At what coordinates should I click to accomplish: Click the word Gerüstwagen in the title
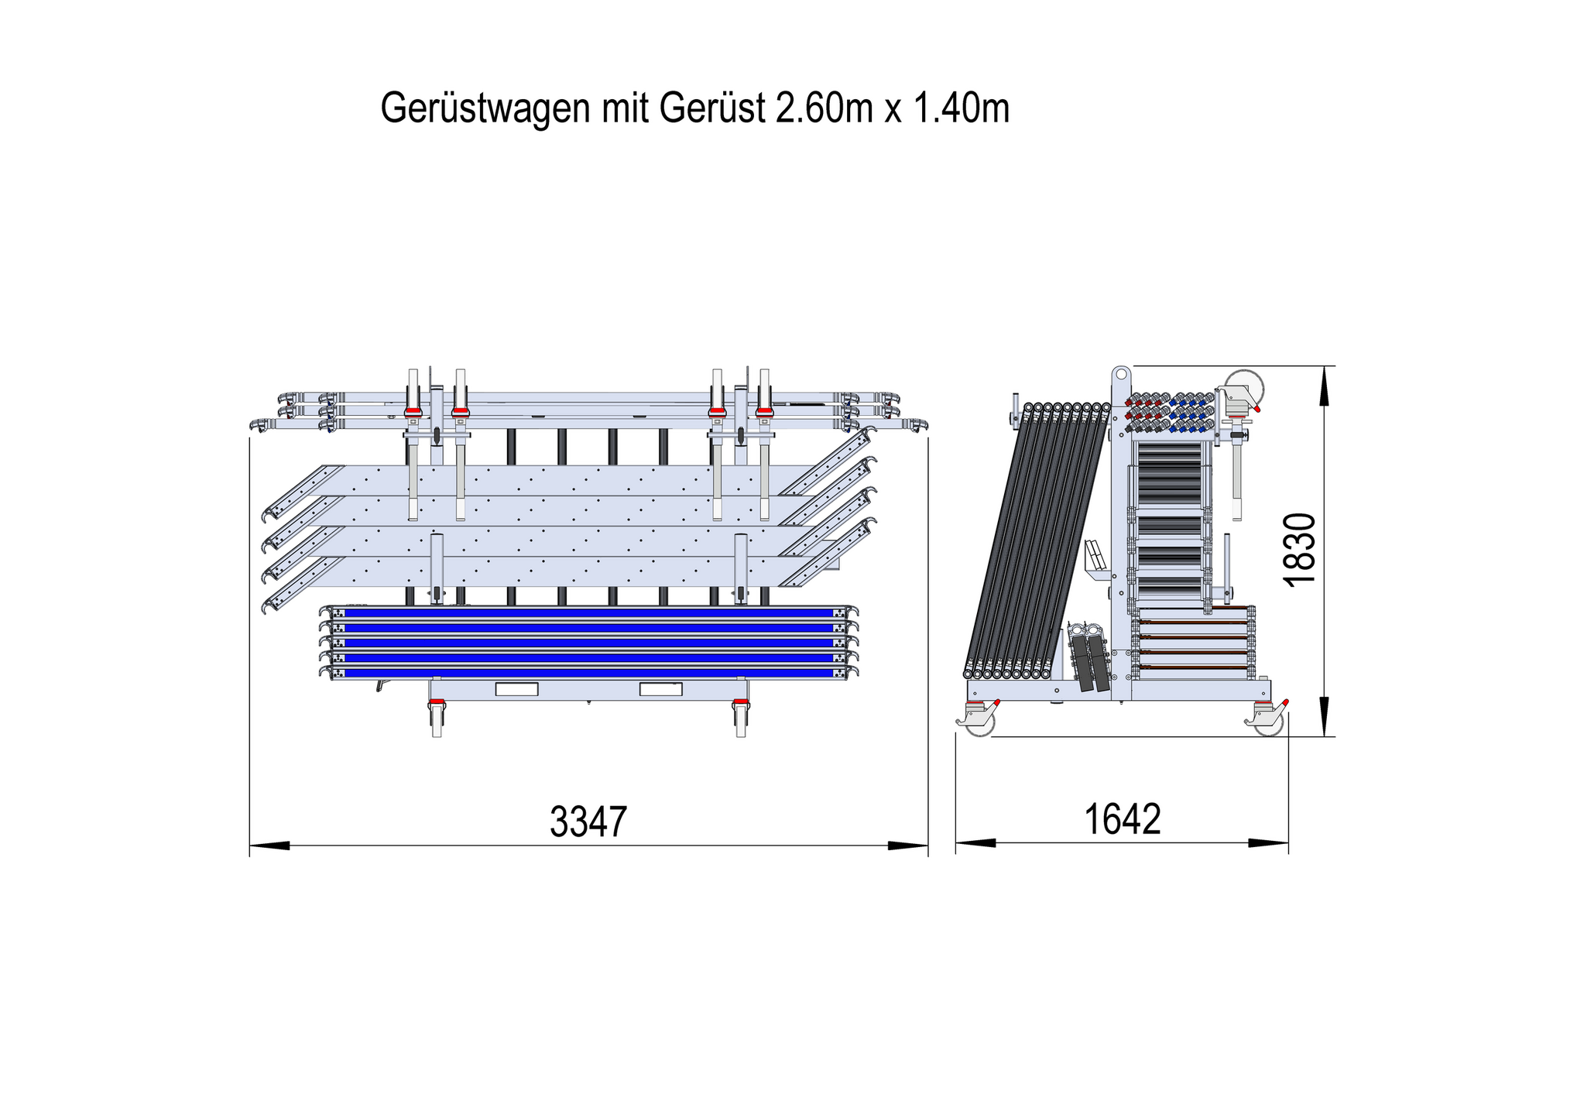[485, 108]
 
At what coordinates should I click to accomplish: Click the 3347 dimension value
[588, 822]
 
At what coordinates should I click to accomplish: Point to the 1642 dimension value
[1123, 819]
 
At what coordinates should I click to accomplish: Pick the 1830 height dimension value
[1300, 550]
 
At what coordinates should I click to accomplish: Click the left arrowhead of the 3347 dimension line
[269, 846]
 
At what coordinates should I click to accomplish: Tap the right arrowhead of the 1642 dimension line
[1268, 842]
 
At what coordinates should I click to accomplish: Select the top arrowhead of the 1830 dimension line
[1325, 386]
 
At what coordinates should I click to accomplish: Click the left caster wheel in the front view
[437, 719]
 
